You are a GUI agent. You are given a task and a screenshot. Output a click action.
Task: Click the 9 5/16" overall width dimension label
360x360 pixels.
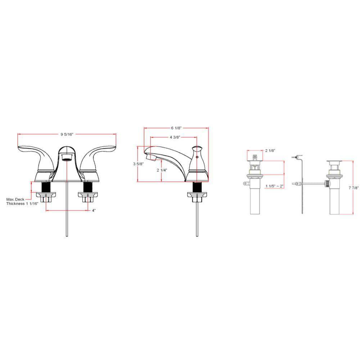[67, 134]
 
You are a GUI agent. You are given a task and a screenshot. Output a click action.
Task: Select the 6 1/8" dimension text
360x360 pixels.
[176, 128]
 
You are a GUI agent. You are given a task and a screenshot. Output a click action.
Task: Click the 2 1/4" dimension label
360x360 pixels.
[162, 170]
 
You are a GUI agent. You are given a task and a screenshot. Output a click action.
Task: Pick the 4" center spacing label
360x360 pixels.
[94, 211]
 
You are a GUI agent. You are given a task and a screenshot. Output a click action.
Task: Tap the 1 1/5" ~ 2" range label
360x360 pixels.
[274, 186]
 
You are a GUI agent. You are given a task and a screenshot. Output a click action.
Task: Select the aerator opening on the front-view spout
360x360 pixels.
[67, 157]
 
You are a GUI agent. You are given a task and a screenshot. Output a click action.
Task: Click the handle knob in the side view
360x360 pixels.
[197, 151]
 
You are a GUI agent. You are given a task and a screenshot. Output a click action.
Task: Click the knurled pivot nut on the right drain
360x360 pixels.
[327, 184]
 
